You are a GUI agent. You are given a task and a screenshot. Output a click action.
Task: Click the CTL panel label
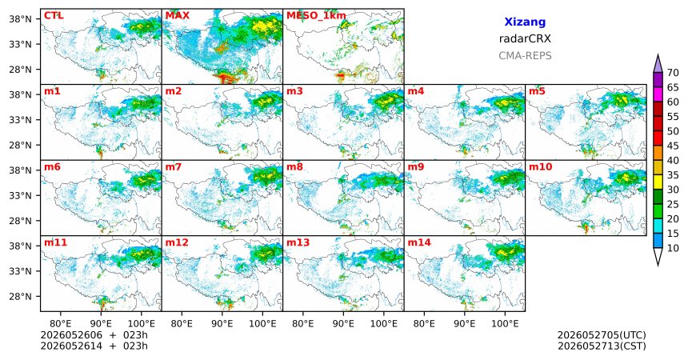tap(54, 16)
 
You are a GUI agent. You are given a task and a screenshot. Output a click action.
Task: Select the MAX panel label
tap(178, 16)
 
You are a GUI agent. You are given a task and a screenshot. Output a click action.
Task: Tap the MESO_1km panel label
tap(316, 16)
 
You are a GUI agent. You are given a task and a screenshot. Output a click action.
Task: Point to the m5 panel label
tap(537, 91)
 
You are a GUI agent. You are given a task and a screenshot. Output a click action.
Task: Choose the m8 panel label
tap(294, 167)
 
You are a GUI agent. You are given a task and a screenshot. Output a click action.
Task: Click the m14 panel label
tap(419, 242)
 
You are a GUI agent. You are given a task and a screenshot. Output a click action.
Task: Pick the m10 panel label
tap(541, 167)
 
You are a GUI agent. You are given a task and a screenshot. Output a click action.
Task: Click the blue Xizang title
tap(525, 22)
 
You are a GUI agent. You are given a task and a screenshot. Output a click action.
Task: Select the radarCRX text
tap(525, 38)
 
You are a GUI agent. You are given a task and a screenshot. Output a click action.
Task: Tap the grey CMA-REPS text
tap(525, 56)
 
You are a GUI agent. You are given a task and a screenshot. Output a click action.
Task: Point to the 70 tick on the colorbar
tap(673, 73)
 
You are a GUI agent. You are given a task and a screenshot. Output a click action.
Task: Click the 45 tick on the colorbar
tap(673, 146)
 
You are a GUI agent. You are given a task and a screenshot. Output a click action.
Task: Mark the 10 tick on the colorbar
tap(673, 248)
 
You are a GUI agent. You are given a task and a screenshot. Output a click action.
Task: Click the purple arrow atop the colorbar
tap(658, 64)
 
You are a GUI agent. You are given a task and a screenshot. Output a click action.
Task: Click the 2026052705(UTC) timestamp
tap(602, 335)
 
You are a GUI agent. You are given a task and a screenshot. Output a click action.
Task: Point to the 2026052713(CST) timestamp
tap(602, 346)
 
